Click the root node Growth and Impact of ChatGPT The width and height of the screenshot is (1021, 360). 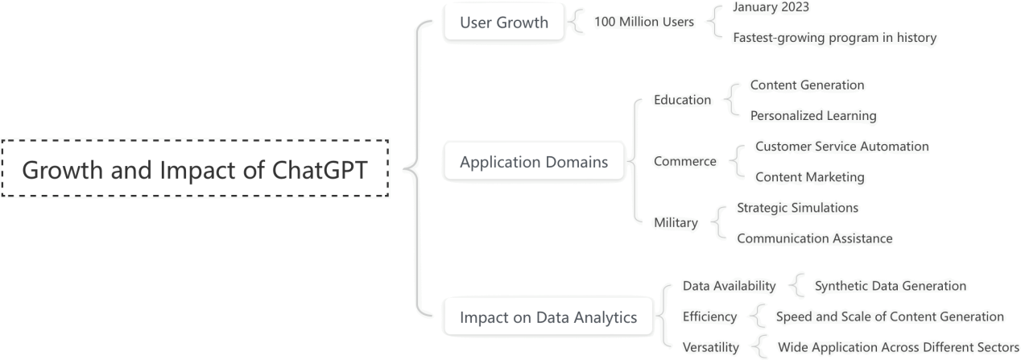[195, 170]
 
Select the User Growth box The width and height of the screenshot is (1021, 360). [503, 23]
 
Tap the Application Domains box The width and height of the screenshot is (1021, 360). [533, 162]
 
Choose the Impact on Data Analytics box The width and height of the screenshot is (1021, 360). [548, 317]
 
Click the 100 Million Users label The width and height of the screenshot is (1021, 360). [643, 22]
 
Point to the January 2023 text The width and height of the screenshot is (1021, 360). [771, 7]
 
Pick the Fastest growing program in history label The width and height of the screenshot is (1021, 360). [834, 38]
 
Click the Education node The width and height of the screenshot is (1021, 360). [682, 101]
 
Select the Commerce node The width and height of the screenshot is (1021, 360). [684, 162]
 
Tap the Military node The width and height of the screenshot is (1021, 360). [676, 223]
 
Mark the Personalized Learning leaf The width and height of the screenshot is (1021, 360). [812, 116]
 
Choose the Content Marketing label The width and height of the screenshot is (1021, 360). [809, 177]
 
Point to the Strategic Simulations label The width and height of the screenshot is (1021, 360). [797, 208]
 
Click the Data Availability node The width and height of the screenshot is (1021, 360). [729, 286]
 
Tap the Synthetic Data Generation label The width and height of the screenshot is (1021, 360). [890, 286]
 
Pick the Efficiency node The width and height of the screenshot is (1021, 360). [709, 317]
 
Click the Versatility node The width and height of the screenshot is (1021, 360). [710, 347]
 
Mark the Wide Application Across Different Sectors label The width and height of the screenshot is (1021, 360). [898, 347]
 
